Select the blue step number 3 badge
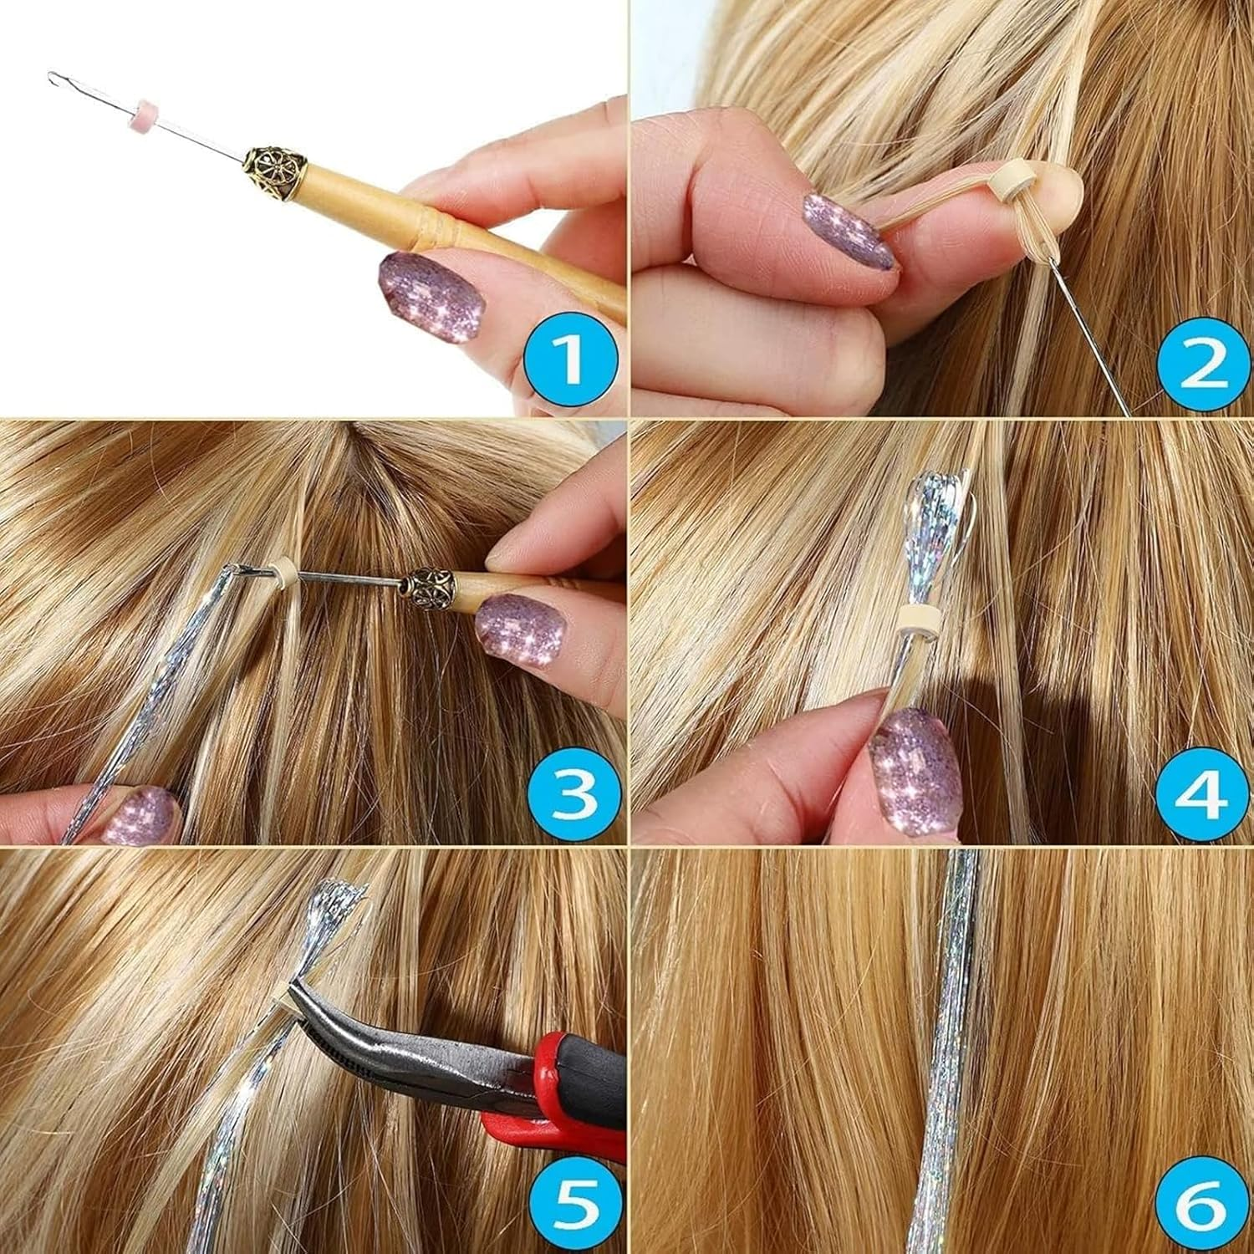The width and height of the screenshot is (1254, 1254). pos(571,790)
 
